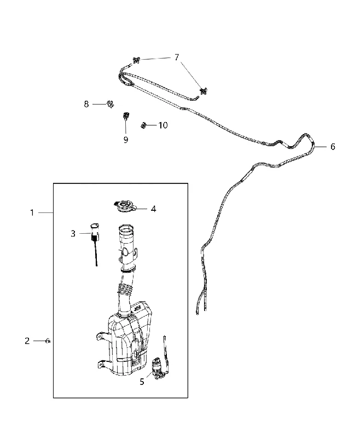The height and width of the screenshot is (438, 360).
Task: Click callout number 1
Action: tap(32, 213)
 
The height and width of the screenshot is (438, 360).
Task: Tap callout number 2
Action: tap(27, 341)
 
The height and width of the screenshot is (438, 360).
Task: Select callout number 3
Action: tap(73, 233)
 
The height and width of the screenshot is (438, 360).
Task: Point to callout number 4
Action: tap(153, 209)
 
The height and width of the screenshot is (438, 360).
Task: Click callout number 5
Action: tap(142, 382)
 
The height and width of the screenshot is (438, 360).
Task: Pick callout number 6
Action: tap(333, 146)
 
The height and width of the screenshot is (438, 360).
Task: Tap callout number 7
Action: tap(177, 57)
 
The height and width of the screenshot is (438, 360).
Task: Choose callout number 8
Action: tap(86, 104)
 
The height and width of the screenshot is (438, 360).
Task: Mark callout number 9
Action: tap(126, 140)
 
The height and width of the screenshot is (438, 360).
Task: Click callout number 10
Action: tap(163, 125)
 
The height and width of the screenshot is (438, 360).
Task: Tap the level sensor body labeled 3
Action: tap(95, 231)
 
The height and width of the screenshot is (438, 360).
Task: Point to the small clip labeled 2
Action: tap(48, 341)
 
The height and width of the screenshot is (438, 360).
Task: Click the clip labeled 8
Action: tap(111, 104)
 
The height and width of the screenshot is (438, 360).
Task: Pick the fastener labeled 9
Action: tap(126, 116)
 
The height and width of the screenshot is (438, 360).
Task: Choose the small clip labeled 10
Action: tap(143, 125)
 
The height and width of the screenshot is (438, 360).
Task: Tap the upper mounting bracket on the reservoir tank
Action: tap(102, 336)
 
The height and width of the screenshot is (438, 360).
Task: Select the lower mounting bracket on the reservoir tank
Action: tap(103, 365)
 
